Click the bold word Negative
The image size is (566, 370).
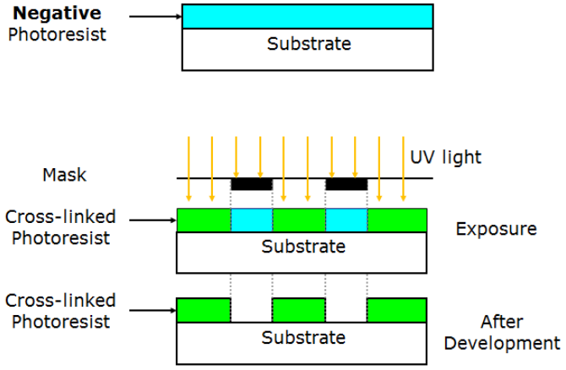56,14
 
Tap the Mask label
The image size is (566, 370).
64,176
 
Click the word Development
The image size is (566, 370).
502,343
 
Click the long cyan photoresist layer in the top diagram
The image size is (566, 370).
307,16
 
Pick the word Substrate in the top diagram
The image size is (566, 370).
308,44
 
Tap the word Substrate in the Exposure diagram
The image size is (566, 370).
303,247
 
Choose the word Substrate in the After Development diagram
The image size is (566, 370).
303,337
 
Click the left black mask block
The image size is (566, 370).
252,182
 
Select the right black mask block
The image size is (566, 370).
346,182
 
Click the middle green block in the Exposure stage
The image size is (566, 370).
299,220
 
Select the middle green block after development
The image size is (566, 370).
298,309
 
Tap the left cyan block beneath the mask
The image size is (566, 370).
251,220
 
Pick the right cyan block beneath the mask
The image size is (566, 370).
346,220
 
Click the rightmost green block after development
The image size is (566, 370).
397,309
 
